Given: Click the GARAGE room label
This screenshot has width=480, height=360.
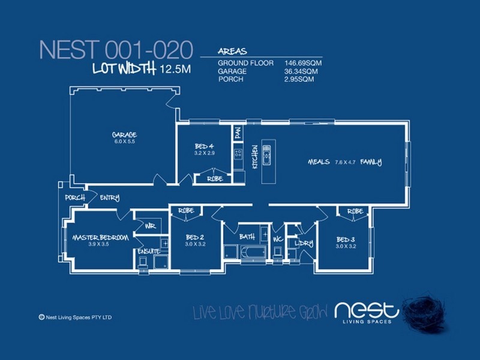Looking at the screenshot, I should (125, 134).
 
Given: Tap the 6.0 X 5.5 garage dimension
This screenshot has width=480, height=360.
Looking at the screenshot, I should (125, 142).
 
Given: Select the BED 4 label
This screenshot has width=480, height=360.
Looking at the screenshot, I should (204, 146).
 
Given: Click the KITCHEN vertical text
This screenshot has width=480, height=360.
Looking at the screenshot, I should (254, 157).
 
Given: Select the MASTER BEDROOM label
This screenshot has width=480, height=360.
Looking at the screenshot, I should (100, 238).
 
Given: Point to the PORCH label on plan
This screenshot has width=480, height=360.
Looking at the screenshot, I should (75, 197).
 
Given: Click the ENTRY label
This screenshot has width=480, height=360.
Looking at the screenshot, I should (110, 197).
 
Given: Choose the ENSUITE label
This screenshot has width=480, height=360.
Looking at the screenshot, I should (148, 251).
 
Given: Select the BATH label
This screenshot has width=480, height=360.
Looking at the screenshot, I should (247, 237).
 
